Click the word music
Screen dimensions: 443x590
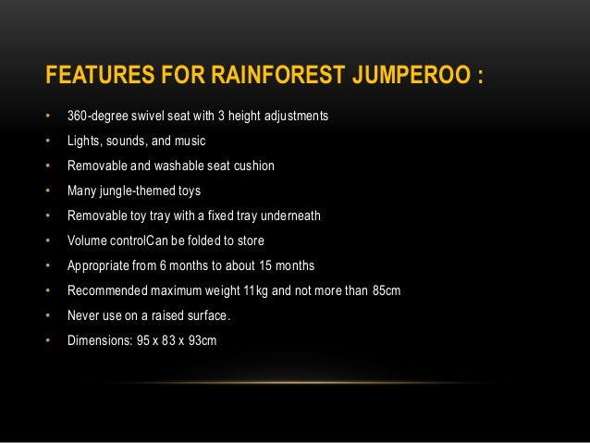click(x=188, y=142)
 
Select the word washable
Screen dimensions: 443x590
click(x=184, y=166)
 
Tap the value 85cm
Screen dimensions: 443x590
click(x=384, y=290)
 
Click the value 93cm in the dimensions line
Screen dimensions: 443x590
click(x=201, y=340)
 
